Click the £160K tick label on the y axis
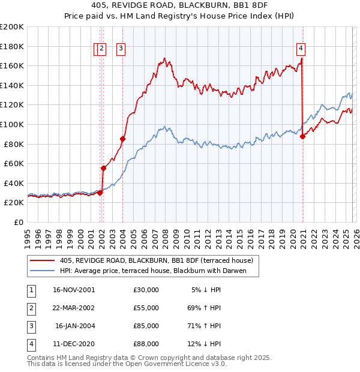pos(12,65)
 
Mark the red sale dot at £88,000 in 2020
pos(303,136)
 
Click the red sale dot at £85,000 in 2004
pos(122,139)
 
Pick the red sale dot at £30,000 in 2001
pos(100,193)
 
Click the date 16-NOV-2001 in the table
pos(73,290)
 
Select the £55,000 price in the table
pos(146,308)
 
